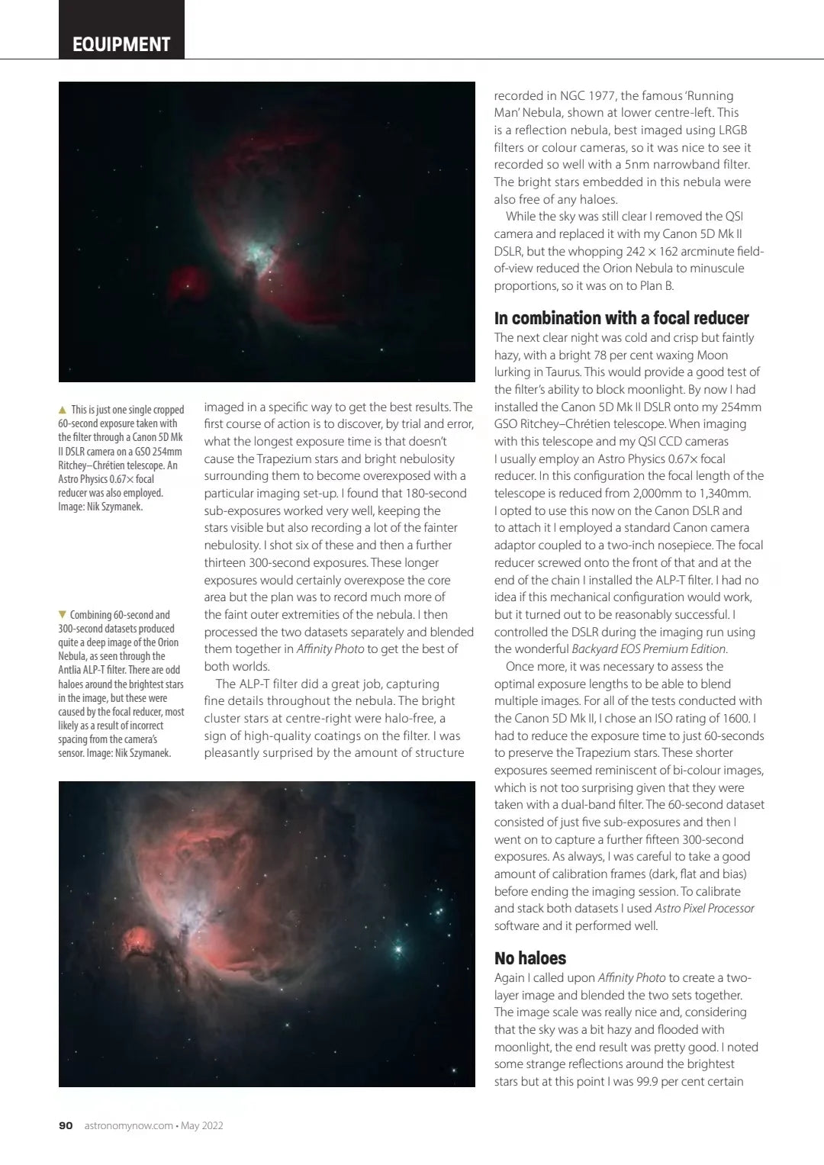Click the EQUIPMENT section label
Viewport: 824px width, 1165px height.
pyautogui.click(x=121, y=44)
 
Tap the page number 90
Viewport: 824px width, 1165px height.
pyautogui.click(x=66, y=1125)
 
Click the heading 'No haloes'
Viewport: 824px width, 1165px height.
pyautogui.click(x=530, y=958)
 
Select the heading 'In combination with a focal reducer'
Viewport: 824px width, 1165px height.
pyautogui.click(x=621, y=318)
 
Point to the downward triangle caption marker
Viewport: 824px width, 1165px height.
pyautogui.click(x=63, y=615)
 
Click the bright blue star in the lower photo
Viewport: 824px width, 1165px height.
pyautogui.click(x=398, y=949)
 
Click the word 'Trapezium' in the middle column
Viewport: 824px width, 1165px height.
pyautogui.click(x=285, y=459)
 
